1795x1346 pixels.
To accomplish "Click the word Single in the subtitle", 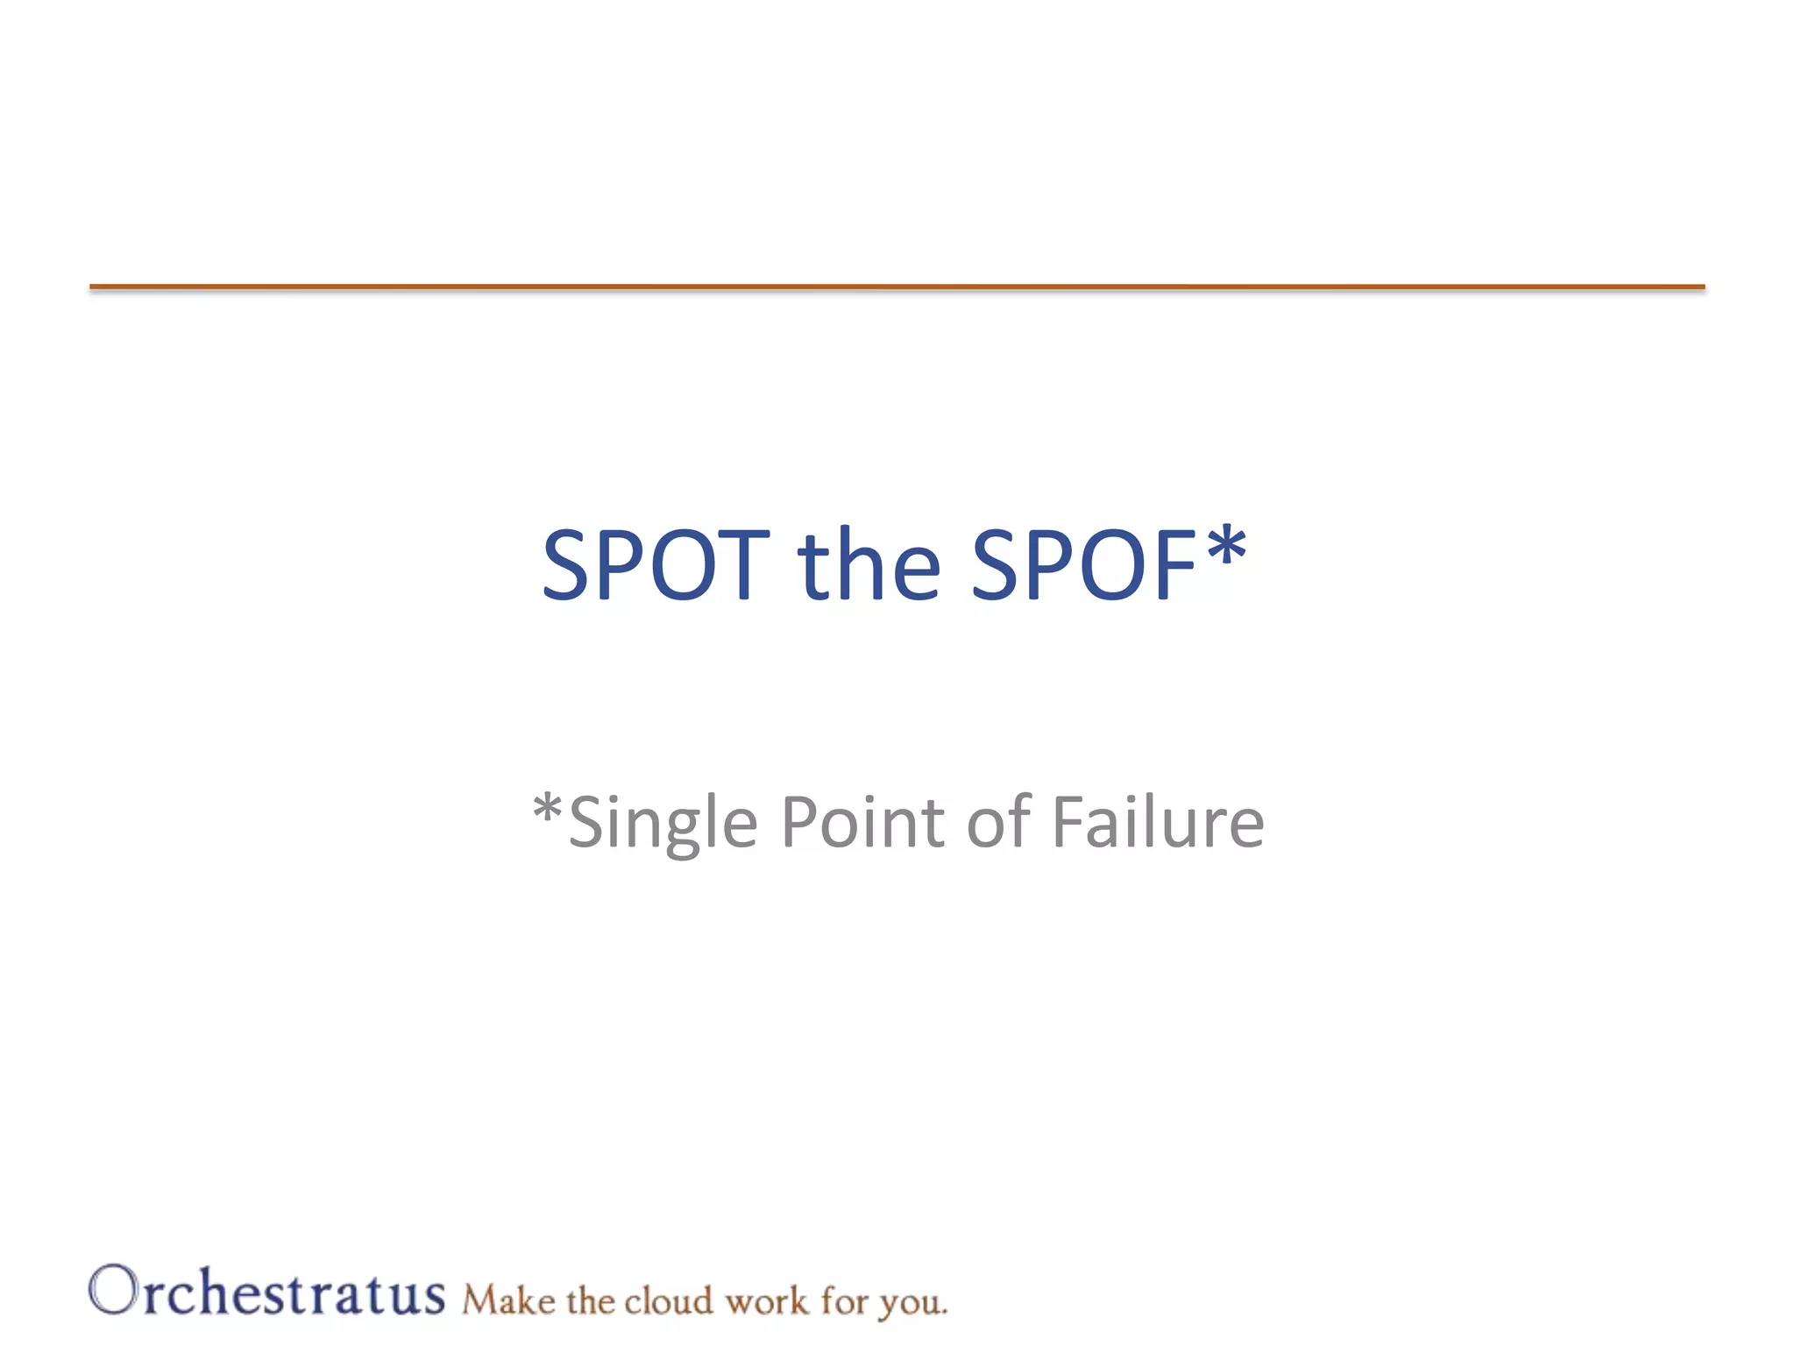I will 663,824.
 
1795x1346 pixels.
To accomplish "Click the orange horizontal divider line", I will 897,287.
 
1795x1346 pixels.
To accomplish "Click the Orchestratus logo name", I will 266,1292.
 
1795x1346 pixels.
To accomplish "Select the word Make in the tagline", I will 508,1300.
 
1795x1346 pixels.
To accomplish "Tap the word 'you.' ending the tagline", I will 913,1304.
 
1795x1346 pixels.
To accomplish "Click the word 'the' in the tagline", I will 590,1300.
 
